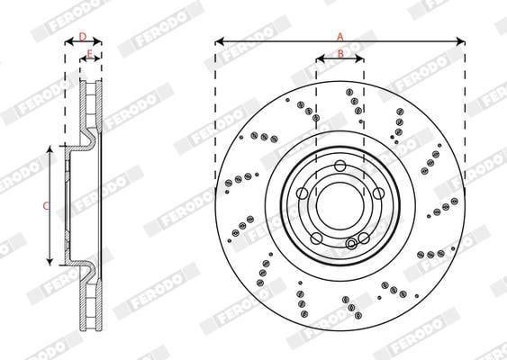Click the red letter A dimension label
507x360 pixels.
click(x=340, y=37)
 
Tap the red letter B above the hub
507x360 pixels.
click(x=340, y=53)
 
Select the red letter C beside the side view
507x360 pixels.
click(x=46, y=206)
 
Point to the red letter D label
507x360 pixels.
click(x=83, y=37)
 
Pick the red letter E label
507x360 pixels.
click(x=90, y=54)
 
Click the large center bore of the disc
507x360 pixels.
click(x=340, y=206)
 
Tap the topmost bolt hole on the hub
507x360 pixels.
click(x=340, y=166)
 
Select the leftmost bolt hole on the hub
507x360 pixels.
click(x=303, y=193)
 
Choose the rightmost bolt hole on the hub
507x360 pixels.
click(x=378, y=193)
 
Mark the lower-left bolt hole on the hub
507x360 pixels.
click(x=316, y=238)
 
